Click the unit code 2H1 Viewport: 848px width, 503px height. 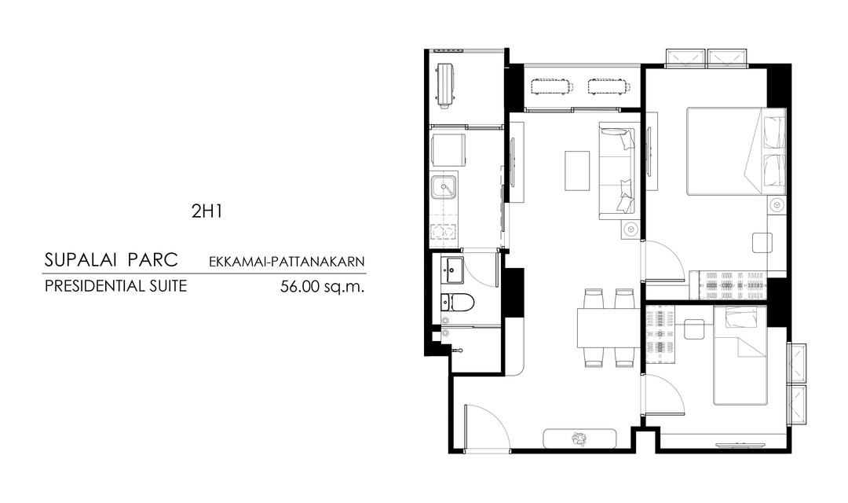click(207, 211)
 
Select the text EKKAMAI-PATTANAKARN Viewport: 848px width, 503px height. click(287, 262)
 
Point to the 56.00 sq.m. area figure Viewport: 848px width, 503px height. click(322, 286)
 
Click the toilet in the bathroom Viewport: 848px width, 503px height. click(457, 302)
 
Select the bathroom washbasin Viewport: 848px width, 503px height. click(451, 270)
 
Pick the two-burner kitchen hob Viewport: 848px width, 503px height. click(443, 231)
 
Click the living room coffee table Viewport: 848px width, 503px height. click(577, 171)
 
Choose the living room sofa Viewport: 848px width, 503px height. click(617, 171)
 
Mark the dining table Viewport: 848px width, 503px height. click(608, 328)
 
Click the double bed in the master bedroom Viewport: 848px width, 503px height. click(736, 151)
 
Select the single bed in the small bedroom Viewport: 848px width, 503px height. click(740, 355)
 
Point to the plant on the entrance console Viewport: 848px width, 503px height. click(579, 439)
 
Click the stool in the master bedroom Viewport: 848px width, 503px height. click(762, 241)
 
